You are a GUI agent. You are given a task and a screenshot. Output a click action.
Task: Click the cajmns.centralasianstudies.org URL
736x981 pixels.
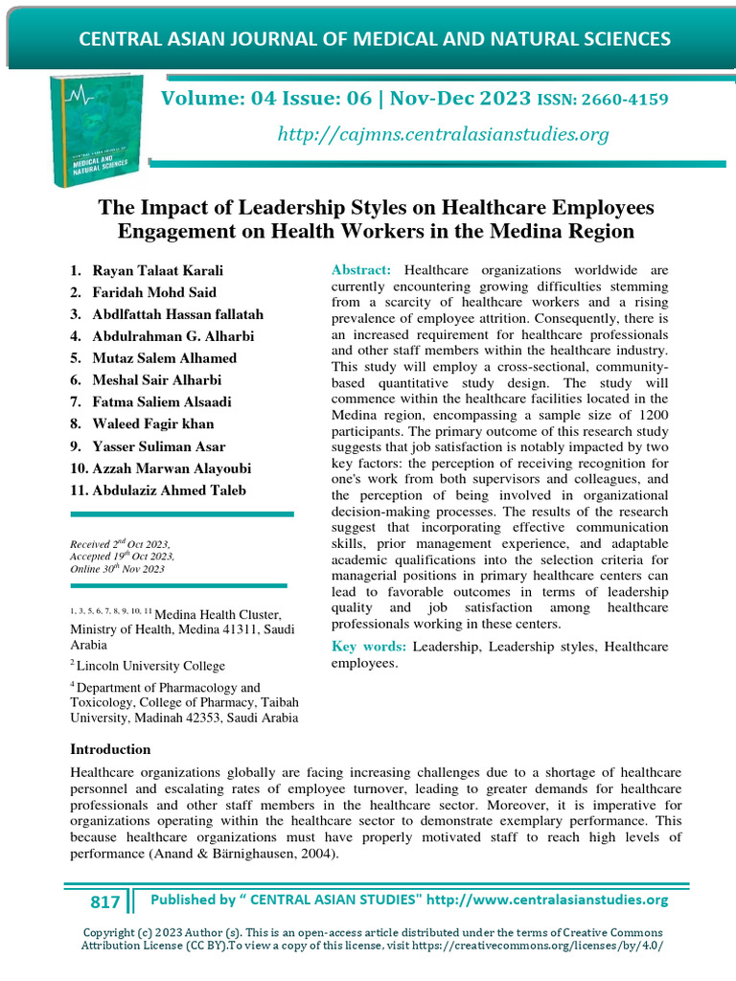point(443,135)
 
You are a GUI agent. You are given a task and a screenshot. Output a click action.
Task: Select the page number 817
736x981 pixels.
point(104,901)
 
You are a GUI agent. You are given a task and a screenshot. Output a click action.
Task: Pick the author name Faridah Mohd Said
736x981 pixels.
point(154,292)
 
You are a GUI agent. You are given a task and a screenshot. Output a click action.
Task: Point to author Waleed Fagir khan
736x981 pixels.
point(153,424)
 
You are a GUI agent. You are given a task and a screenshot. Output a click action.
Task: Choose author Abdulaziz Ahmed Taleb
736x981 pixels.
point(170,490)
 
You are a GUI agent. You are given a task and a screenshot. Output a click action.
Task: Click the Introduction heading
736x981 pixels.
point(110,749)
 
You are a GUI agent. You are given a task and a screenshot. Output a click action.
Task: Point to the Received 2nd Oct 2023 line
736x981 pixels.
point(120,542)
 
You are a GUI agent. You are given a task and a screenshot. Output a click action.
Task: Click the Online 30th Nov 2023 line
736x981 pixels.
point(117,569)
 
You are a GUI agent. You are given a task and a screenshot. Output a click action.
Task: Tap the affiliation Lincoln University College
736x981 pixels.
point(151,666)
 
